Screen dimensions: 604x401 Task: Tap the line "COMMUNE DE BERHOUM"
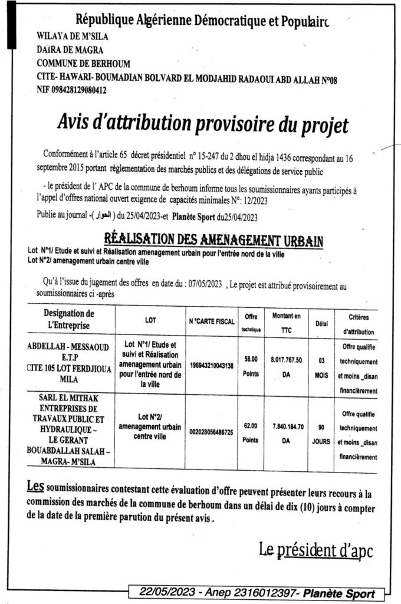[83, 64]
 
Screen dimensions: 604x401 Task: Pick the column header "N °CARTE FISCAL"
[211, 321]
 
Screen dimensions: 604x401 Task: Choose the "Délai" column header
[321, 323]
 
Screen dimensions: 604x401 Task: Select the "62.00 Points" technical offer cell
[251, 433]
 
